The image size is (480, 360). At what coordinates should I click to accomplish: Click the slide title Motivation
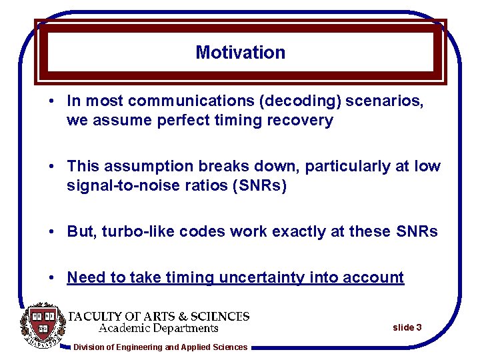pyautogui.click(x=240, y=52)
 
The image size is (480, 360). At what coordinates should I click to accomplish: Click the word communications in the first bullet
pyautogui.click(x=191, y=101)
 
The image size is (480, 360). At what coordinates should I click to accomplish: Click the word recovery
pyautogui.click(x=303, y=121)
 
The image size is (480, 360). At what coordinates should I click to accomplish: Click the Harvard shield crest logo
pyautogui.click(x=43, y=325)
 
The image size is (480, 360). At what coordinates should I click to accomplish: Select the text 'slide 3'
pyautogui.click(x=407, y=327)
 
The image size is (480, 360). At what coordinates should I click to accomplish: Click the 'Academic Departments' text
pyautogui.click(x=159, y=328)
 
